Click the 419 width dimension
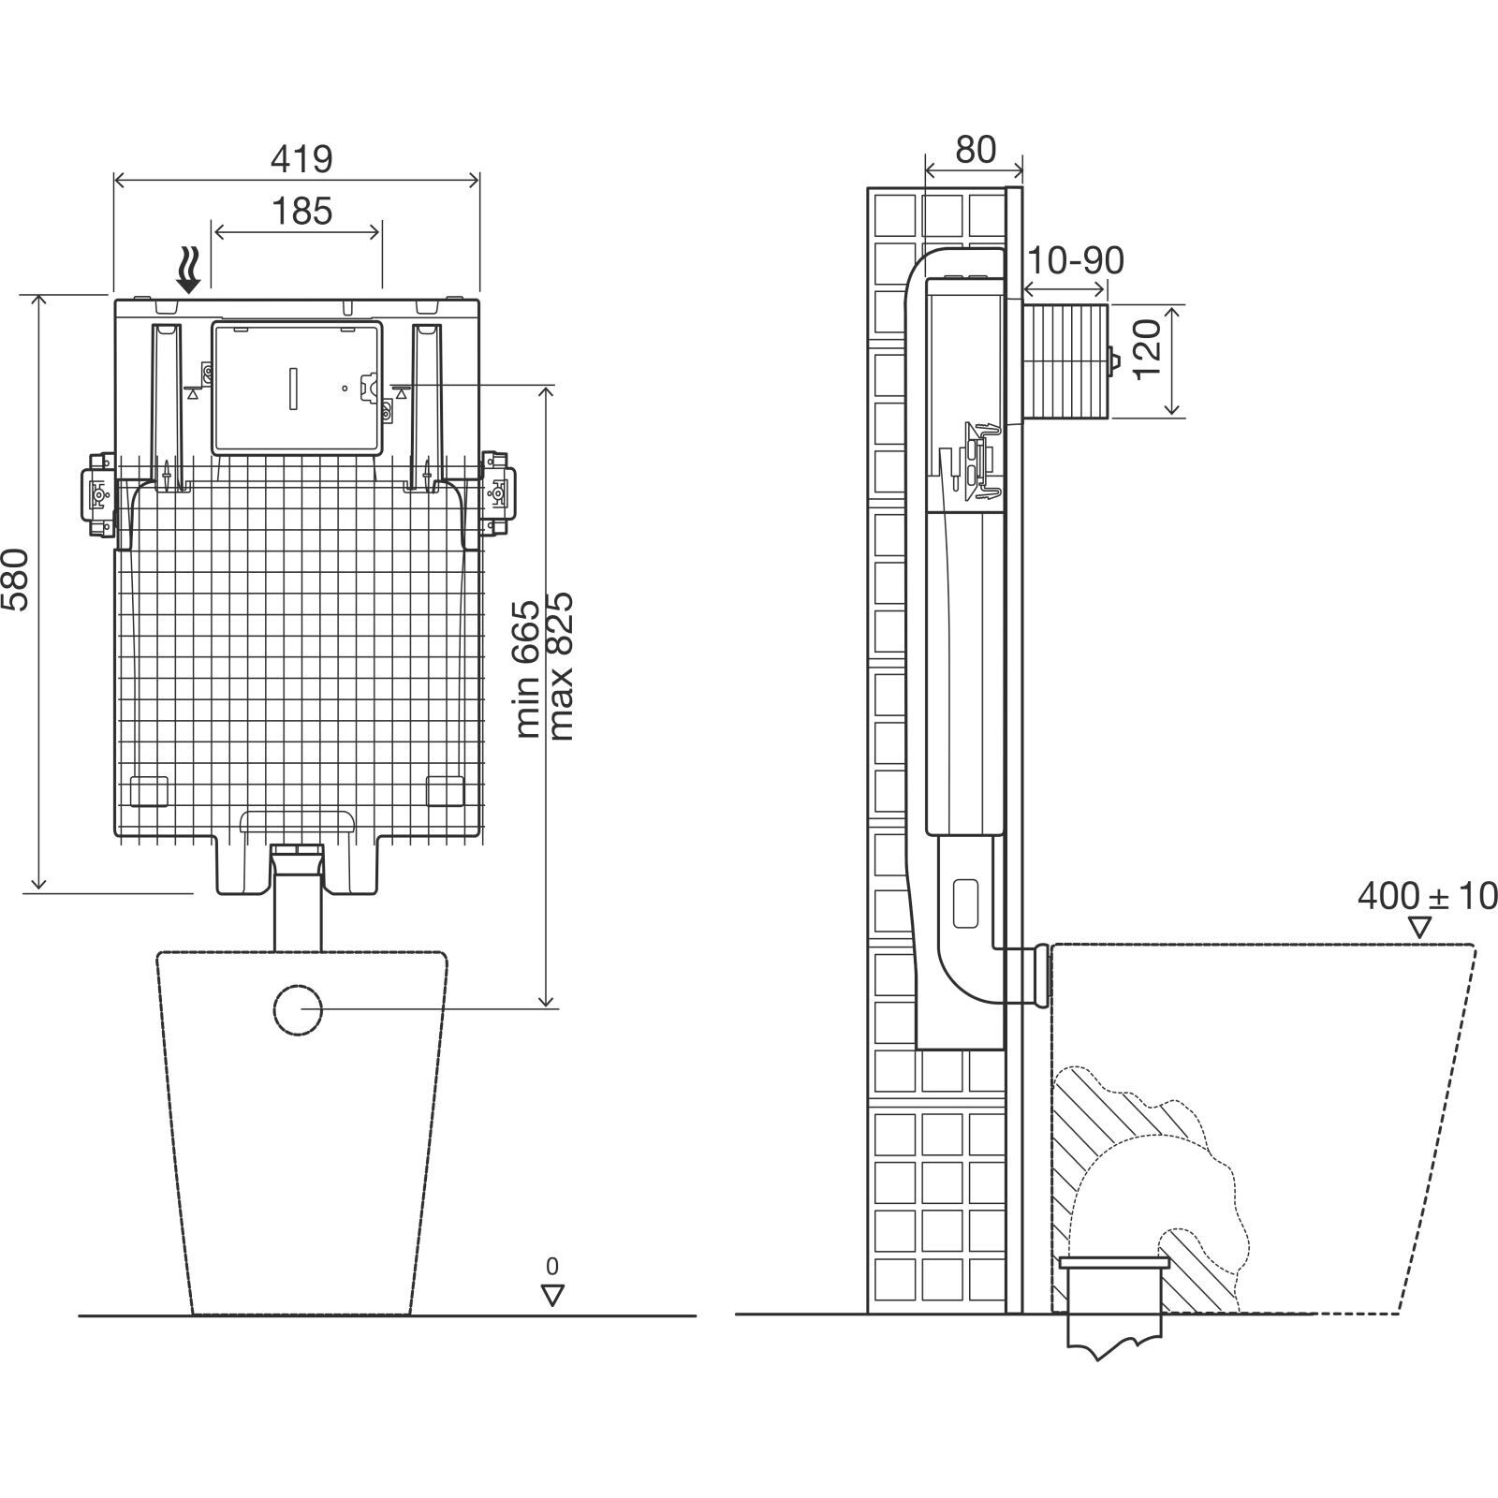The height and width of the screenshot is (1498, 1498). pyautogui.click(x=301, y=160)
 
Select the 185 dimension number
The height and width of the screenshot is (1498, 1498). pyautogui.click(x=302, y=212)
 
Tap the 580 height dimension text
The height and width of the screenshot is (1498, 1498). pyautogui.click(x=19, y=579)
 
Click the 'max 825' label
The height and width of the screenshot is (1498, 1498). pyautogui.click(x=561, y=666)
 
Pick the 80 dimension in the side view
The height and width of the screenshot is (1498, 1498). pyautogui.click(x=976, y=149)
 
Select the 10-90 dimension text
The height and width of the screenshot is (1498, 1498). pyautogui.click(x=1075, y=261)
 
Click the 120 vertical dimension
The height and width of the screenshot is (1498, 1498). pyautogui.click(x=1148, y=347)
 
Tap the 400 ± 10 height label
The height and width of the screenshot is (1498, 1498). pyautogui.click(x=1427, y=896)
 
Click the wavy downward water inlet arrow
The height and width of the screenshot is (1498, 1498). pyautogui.click(x=191, y=271)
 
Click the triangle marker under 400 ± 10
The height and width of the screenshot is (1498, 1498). pyautogui.click(x=1420, y=927)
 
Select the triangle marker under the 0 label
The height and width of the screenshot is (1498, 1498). pyautogui.click(x=552, y=1295)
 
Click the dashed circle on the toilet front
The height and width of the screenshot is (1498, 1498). pyautogui.click(x=299, y=1010)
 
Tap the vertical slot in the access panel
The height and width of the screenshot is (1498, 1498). pyautogui.click(x=294, y=388)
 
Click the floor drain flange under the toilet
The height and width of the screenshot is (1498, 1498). pyautogui.click(x=1113, y=1263)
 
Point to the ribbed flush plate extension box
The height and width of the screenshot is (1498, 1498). pyautogui.click(x=1066, y=360)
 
